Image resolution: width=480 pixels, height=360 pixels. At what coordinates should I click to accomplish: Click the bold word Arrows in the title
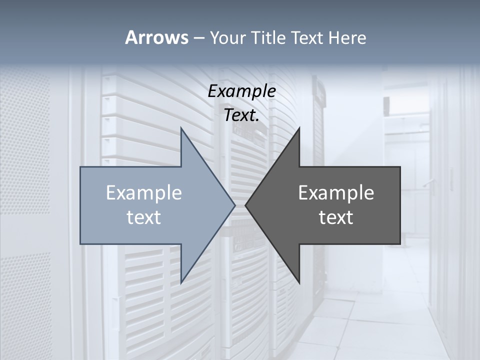[x=156, y=37]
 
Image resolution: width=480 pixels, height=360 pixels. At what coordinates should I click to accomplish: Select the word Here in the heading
[x=347, y=37]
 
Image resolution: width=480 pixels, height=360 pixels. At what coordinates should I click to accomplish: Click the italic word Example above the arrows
[x=241, y=91]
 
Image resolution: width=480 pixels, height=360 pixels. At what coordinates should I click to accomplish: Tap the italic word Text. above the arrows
[x=241, y=115]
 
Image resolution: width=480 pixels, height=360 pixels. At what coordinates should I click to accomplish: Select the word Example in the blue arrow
[x=144, y=192]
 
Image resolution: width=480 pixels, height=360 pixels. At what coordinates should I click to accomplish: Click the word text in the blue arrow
[x=144, y=217]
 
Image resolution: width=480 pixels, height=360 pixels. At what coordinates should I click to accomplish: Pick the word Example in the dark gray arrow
[x=336, y=192]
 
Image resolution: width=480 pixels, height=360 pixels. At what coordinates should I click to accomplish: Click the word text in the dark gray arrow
[x=336, y=217]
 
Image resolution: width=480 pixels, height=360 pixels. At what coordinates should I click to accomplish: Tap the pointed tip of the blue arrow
[x=235, y=205]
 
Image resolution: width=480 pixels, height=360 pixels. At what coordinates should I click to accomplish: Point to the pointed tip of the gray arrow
[x=245, y=205]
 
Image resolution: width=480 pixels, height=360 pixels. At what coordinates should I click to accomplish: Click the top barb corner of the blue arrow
[x=181, y=127]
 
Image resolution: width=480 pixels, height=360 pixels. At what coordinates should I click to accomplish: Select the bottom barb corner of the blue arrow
[x=181, y=283]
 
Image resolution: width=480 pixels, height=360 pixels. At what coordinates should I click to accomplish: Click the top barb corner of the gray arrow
[x=299, y=127]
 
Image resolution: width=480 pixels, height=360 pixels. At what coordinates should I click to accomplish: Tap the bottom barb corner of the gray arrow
[x=299, y=283]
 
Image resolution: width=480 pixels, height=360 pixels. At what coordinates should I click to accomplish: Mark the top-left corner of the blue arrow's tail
[x=80, y=167]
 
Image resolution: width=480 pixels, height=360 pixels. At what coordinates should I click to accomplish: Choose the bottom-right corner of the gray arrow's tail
[x=400, y=244]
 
